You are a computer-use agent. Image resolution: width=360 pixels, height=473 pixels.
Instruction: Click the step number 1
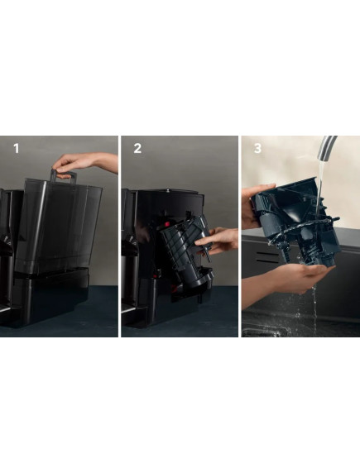16,148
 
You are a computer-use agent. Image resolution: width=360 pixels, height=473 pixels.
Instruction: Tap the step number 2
137,148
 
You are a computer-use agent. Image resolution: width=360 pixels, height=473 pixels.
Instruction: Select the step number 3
257,148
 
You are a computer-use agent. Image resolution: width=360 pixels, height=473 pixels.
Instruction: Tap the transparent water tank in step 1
59,227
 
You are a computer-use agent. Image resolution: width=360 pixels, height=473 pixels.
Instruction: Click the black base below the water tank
51,297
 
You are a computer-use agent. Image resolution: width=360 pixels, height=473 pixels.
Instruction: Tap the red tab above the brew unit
166,224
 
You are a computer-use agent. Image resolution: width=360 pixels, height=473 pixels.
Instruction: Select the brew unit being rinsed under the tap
296,223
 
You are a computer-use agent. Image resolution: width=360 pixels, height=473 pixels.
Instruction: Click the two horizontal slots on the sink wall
267,257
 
